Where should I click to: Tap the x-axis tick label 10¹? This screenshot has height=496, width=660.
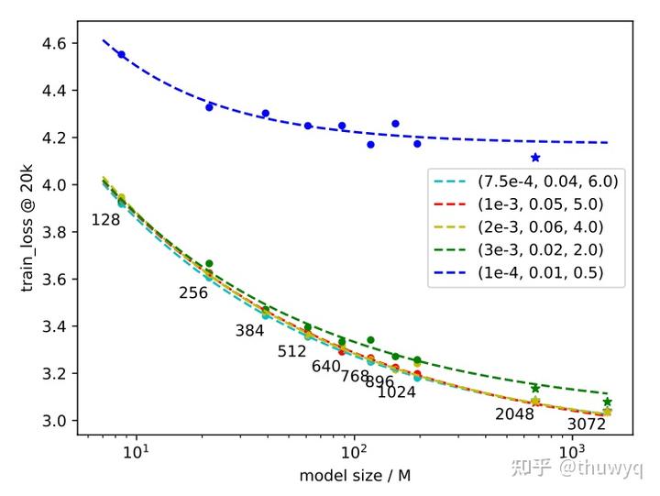coord(136,453)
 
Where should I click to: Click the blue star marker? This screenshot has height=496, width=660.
coord(535,158)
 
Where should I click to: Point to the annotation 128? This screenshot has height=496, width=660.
coord(105,220)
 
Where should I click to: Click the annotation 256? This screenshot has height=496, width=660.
coord(193,293)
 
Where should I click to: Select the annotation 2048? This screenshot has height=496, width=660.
coord(514,414)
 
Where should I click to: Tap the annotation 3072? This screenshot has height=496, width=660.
coord(586,424)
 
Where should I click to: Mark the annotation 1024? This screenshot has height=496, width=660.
coord(396,392)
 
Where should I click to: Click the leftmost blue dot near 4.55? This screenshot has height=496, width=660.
coord(121,55)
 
